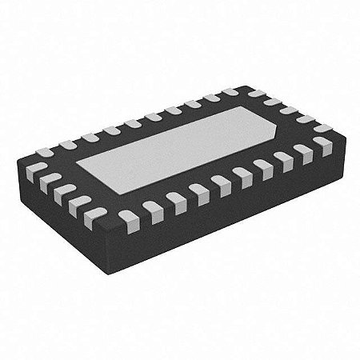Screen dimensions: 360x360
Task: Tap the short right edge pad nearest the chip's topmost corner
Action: click(x=257, y=94)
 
